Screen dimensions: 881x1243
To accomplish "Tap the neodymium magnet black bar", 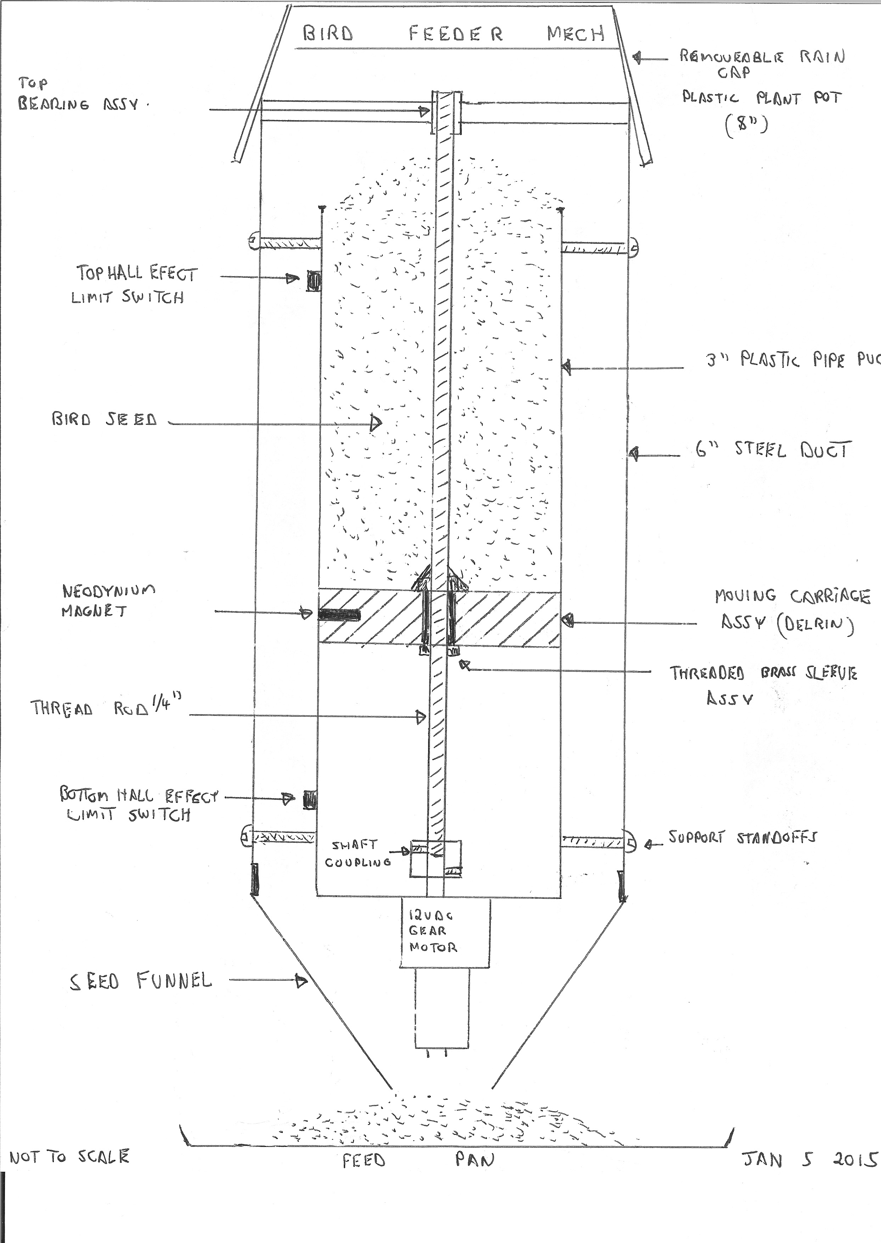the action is tap(339, 615).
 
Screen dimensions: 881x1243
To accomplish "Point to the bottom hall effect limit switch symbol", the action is tap(309, 799).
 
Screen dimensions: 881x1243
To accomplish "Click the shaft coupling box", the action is tap(436, 858).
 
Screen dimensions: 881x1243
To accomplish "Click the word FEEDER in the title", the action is tap(456, 34).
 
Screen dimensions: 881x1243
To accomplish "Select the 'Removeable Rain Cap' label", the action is tap(762, 63).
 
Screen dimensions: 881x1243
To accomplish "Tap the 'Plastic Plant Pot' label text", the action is tap(762, 98).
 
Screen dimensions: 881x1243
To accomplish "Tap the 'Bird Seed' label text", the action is tap(104, 419).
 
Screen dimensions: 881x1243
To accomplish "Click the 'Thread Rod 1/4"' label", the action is tap(106, 706).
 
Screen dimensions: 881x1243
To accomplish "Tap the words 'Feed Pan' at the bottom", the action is tap(418, 1159).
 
